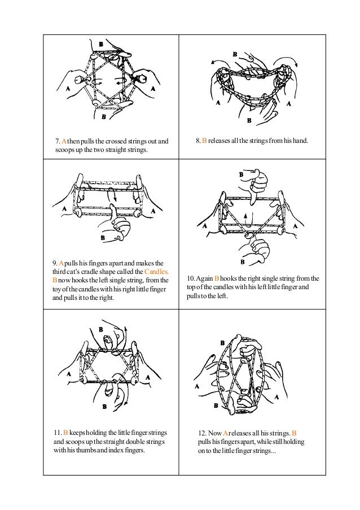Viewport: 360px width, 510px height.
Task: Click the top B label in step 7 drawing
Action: pos(100,43)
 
